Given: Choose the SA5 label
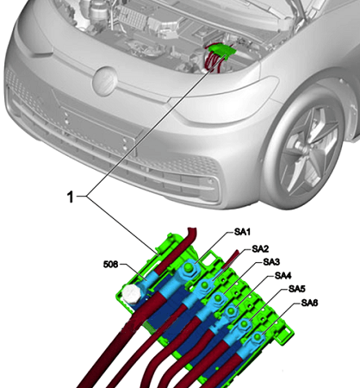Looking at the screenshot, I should (x=294, y=289).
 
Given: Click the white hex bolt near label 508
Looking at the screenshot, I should (x=132, y=293).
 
